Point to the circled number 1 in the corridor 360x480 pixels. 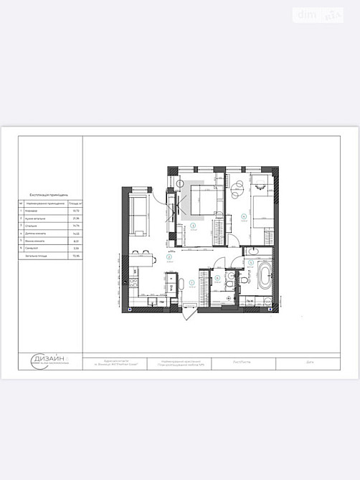191,283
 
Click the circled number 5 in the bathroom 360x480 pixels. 250,263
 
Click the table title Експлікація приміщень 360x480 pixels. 49,194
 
